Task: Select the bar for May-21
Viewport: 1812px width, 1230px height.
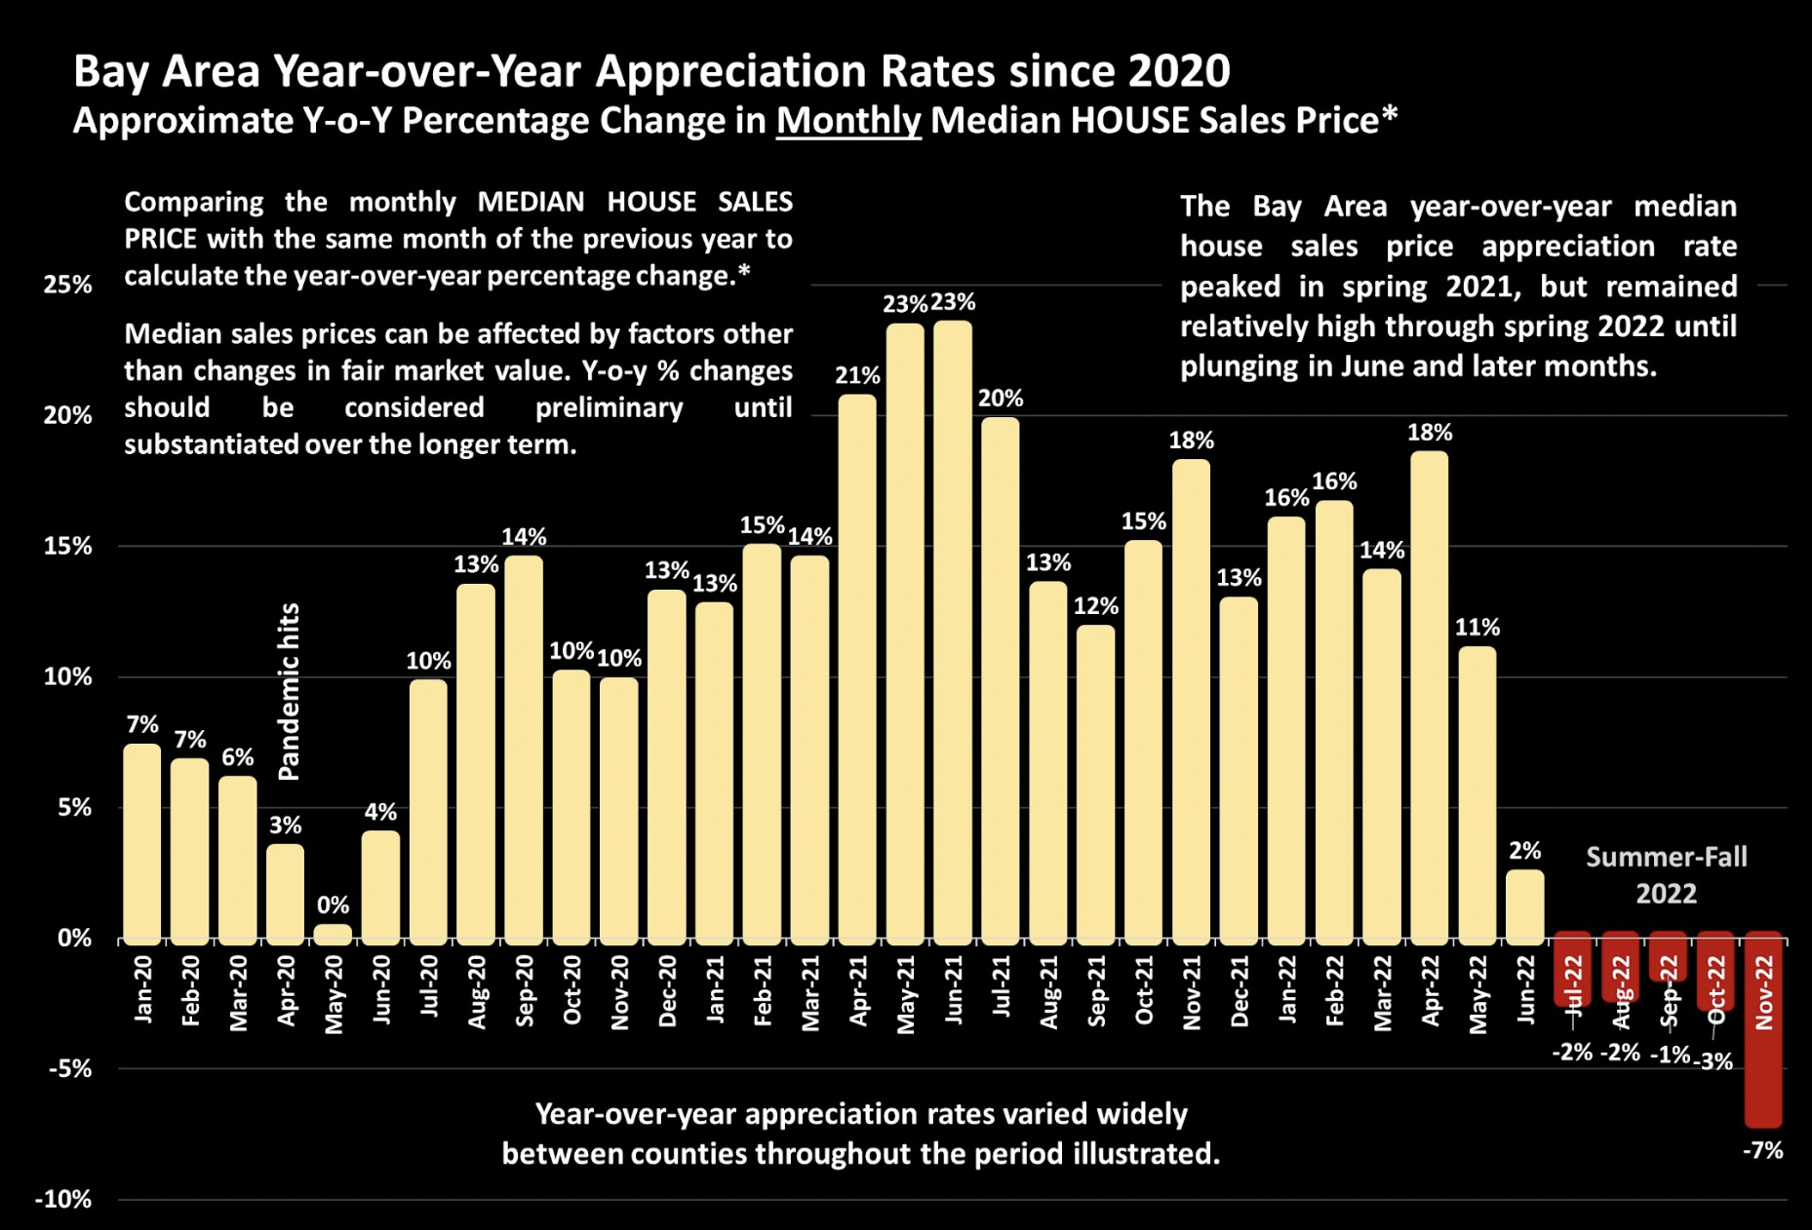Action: tap(905, 634)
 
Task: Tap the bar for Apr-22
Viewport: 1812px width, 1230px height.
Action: tap(1430, 697)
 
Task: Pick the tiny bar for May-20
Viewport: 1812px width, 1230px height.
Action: tap(333, 934)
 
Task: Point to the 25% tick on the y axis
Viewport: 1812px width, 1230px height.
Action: tap(67, 285)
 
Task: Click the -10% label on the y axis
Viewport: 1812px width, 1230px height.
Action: tap(63, 1199)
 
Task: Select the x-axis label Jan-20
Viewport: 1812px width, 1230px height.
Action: tap(143, 989)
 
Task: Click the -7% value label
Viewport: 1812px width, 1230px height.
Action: tap(1762, 1151)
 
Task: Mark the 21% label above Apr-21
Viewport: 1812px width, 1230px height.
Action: tap(857, 375)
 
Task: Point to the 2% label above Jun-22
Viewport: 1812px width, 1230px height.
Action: tap(1525, 850)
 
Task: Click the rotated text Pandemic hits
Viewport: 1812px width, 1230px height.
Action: tap(289, 691)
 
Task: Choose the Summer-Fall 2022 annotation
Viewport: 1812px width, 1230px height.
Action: tap(1666, 875)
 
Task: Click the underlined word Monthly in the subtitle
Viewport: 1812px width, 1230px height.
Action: tap(847, 121)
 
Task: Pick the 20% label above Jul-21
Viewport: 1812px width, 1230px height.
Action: tap(1001, 398)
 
